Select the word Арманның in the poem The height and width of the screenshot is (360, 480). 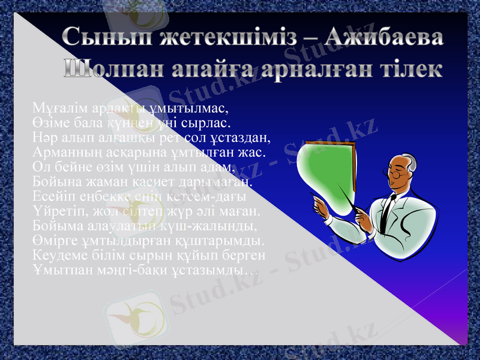coord(59,152)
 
